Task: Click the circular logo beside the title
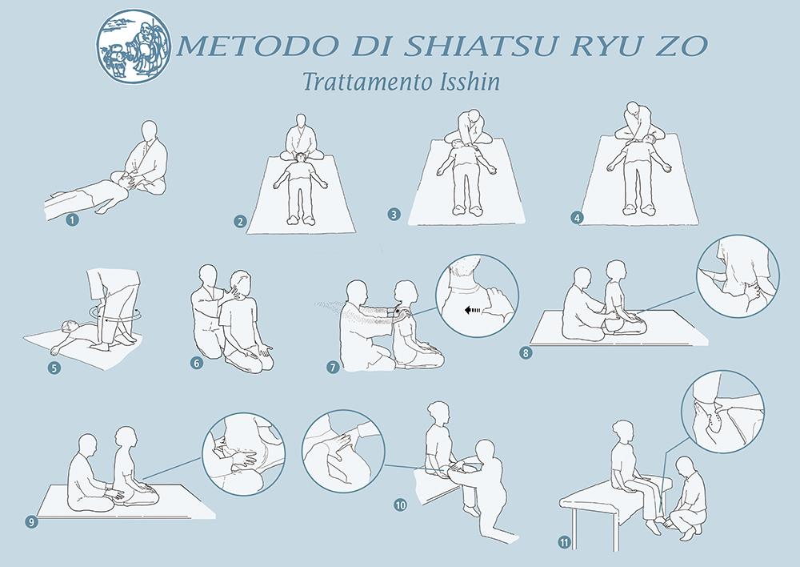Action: (133, 46)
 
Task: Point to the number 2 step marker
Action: (240, 221)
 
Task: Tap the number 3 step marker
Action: (394, 214)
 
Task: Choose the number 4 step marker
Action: (577, 218)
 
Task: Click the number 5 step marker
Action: (54, 368)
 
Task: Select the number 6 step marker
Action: (197, 363)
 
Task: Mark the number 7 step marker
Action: (333, 367)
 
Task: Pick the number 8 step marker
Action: (525, 352)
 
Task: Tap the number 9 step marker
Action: (32, 521)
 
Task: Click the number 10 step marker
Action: (400, 505)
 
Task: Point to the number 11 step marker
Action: (564, 542)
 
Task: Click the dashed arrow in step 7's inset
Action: (474, 310)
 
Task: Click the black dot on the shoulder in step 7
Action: (397, 311)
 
